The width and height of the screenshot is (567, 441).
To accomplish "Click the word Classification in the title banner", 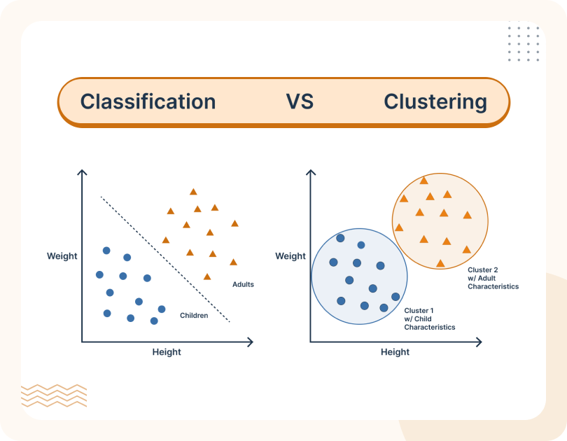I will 148,101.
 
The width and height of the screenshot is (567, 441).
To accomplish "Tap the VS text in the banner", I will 300,101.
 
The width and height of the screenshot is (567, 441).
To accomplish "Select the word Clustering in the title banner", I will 435,101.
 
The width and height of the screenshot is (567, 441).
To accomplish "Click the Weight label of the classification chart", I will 62,255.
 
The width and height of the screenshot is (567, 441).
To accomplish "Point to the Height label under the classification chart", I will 167,352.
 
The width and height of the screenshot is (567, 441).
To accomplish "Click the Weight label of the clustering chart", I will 290,256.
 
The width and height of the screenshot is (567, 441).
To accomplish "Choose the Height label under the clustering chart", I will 395,352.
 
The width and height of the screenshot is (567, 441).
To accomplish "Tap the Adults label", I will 243,284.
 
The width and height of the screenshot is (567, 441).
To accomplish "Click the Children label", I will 194,316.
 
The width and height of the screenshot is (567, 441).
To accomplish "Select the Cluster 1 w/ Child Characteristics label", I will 429,318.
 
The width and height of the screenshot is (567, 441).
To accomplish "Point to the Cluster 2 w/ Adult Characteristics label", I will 493,278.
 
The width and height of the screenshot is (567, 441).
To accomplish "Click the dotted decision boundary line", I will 165,259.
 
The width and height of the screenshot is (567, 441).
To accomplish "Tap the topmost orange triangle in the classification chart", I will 193,191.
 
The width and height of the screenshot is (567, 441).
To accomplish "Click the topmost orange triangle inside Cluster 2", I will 423,180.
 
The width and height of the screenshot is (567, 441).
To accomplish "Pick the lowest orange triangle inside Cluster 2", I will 440,263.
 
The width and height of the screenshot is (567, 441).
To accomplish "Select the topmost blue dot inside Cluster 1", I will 340,238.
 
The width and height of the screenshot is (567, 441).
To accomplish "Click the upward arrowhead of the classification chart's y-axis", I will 82,173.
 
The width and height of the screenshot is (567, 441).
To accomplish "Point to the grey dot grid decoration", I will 524,44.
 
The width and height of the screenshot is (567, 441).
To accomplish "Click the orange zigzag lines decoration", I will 54,395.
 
